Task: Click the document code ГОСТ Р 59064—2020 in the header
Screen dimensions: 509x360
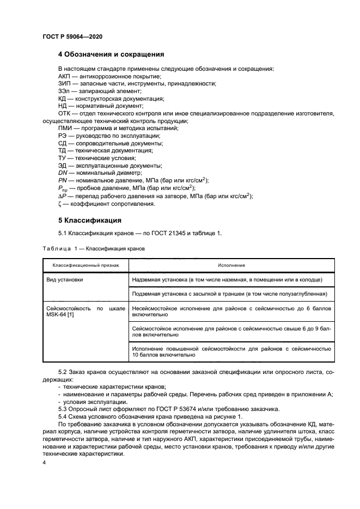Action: [x=72, y=36]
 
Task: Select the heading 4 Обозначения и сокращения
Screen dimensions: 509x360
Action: [x=111, y=54]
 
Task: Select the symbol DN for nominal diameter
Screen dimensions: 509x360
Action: [x=63, y=173]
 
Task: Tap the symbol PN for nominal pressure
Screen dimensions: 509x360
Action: [x=63, y=180]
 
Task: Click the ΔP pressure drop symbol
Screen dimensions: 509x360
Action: [x=62, y=196]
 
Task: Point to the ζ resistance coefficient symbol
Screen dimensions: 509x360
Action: [x=60, y=204]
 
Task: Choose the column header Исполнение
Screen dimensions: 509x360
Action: [x=231, y=265]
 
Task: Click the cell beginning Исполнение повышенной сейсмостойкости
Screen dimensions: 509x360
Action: [x=231, y=351]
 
